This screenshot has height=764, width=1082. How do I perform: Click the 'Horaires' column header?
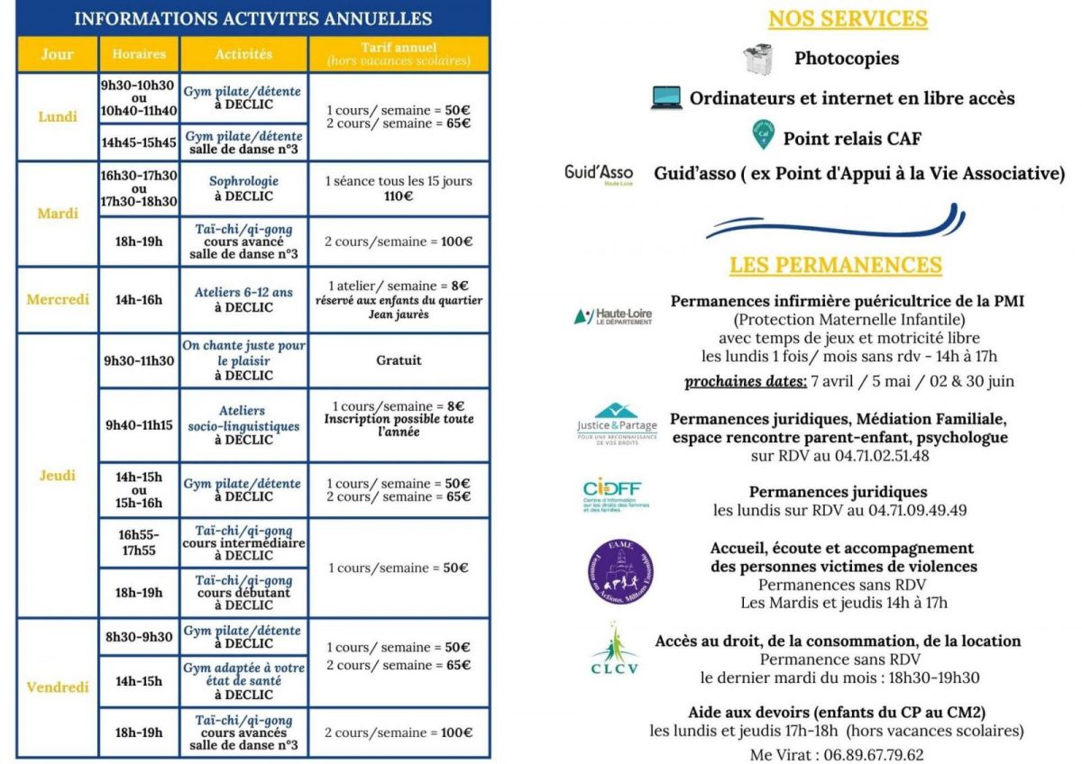click(139, 54)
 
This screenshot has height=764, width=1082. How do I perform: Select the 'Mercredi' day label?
click(57, 299)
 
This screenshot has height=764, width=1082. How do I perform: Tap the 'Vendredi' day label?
click(57, 687)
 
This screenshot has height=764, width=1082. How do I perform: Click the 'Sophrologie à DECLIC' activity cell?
click(243, 188)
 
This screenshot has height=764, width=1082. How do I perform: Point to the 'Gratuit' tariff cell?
click(399, 360)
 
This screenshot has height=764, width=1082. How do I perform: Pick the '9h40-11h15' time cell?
click(138, 425)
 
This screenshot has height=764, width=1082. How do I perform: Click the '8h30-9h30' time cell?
click(138, 637)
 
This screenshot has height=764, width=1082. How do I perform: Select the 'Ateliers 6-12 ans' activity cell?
click(243, 299)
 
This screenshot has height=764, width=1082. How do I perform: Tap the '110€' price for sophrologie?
click(398, 196)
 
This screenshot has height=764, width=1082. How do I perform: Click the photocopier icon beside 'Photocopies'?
click(758, 59)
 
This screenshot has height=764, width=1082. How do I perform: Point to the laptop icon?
click(666, 98)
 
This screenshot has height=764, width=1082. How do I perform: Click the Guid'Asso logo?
click(599, 174)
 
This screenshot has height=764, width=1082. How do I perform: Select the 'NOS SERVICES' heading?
click(847, 19)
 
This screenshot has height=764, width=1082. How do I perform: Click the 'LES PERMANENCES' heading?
click(836, 265)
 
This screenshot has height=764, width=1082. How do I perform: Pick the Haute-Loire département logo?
click(612, 317)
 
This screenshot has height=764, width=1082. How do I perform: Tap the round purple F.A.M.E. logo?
click(619, 573)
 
